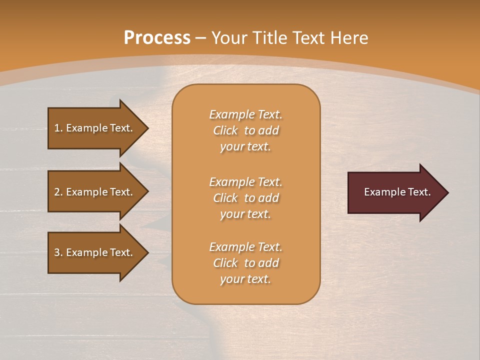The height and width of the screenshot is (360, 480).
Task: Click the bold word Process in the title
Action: (157, 38)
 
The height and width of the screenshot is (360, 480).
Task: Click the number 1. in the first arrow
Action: (58, 128)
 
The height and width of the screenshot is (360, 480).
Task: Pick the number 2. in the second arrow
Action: (58, 192)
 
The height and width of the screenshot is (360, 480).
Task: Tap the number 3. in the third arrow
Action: (58, 252)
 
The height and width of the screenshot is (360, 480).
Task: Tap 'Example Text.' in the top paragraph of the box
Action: (245, 114)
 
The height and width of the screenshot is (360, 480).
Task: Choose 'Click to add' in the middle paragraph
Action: (245, 198)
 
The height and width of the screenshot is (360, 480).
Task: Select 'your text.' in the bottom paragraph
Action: (245, 279)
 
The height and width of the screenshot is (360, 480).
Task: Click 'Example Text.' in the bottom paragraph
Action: (245, 247)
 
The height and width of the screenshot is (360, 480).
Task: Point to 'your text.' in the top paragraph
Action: (245, 146)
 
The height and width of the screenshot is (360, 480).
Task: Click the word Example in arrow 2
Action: (88, 192)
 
